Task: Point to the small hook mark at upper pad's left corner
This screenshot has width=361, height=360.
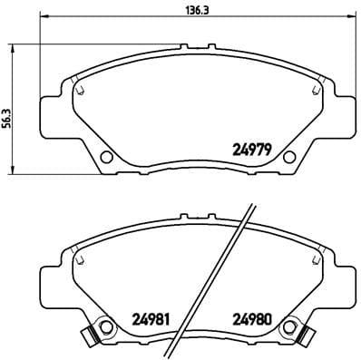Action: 80,89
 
